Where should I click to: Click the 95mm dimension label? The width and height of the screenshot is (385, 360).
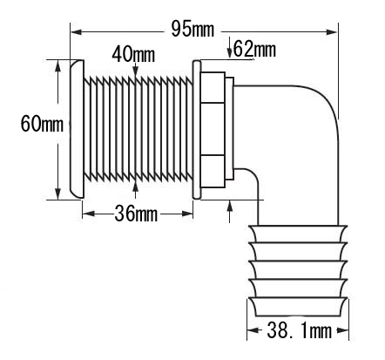(192, 29)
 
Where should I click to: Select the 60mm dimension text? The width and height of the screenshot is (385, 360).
(42, 123)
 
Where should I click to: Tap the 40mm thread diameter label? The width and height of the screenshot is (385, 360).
(133, 54)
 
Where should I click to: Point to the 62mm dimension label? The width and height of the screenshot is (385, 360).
(254, 49)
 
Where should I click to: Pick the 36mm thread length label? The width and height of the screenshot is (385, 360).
(136, 214)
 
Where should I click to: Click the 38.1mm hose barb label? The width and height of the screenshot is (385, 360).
(299, 330)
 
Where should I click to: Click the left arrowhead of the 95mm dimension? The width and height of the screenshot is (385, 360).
(77, 31)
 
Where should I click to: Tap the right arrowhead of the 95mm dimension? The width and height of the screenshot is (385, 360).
(331, 31)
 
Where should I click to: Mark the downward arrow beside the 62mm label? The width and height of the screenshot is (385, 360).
(229, 48)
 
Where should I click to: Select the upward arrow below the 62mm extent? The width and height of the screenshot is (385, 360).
(230, 211)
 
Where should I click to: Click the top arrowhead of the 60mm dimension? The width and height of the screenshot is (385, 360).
(58, 66)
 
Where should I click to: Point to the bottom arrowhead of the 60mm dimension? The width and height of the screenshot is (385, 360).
(58, 194)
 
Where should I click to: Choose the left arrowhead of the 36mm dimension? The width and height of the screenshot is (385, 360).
(89, 214)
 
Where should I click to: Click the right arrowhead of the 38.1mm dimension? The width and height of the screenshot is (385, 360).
(342, 330)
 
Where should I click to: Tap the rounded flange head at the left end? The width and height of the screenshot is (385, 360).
(77, 129)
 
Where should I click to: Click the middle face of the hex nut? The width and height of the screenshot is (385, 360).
(213, 129)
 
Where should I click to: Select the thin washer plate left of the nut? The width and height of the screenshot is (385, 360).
(197, 130)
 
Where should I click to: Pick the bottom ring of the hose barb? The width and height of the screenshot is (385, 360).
(298, 307)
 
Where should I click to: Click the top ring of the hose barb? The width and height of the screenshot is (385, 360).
(298, 234)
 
